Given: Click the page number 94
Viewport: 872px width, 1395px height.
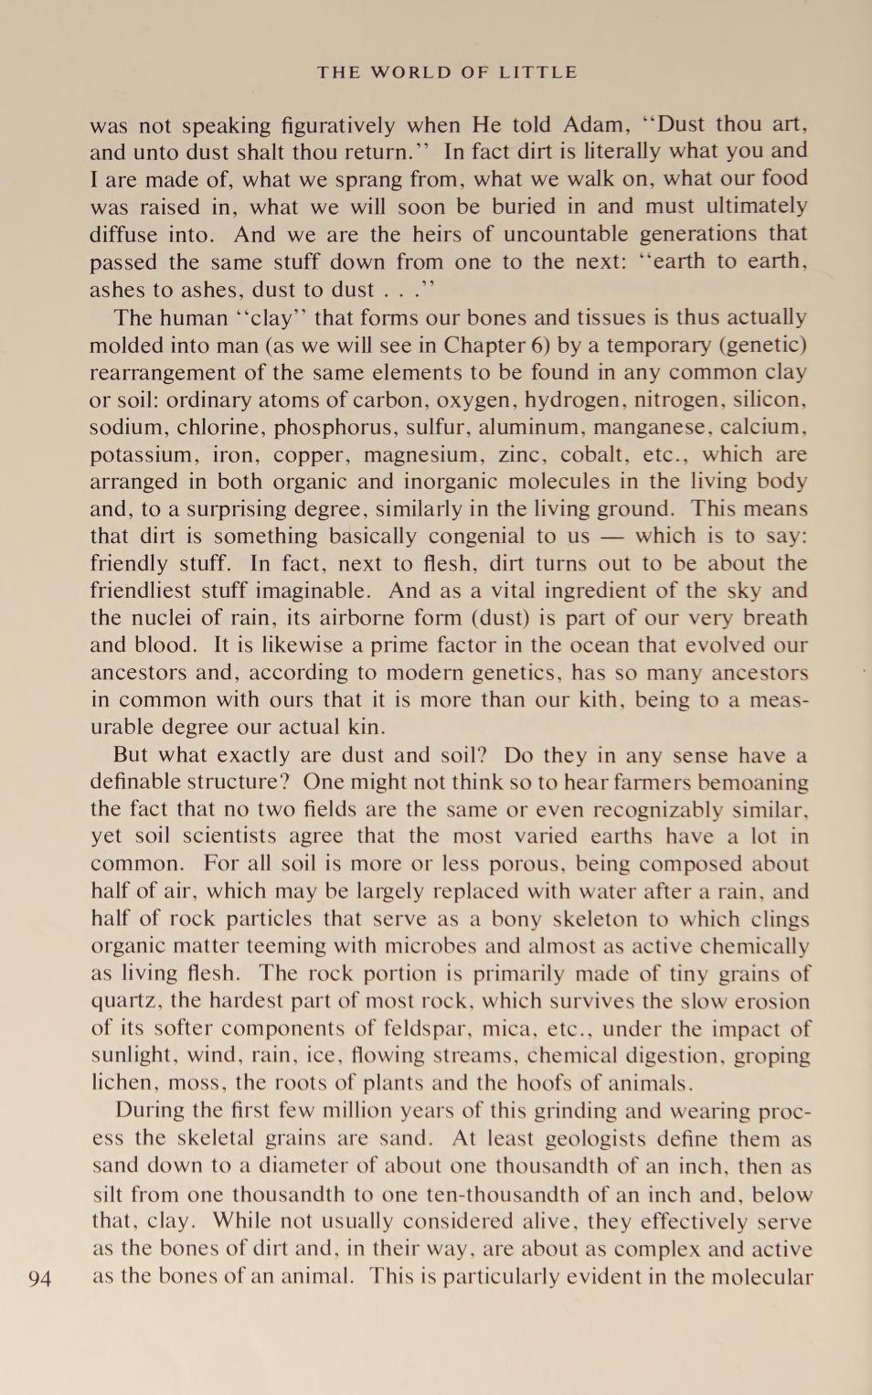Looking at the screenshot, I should click(39, 1278).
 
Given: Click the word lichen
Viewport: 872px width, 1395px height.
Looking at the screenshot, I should click(122, 1083).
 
